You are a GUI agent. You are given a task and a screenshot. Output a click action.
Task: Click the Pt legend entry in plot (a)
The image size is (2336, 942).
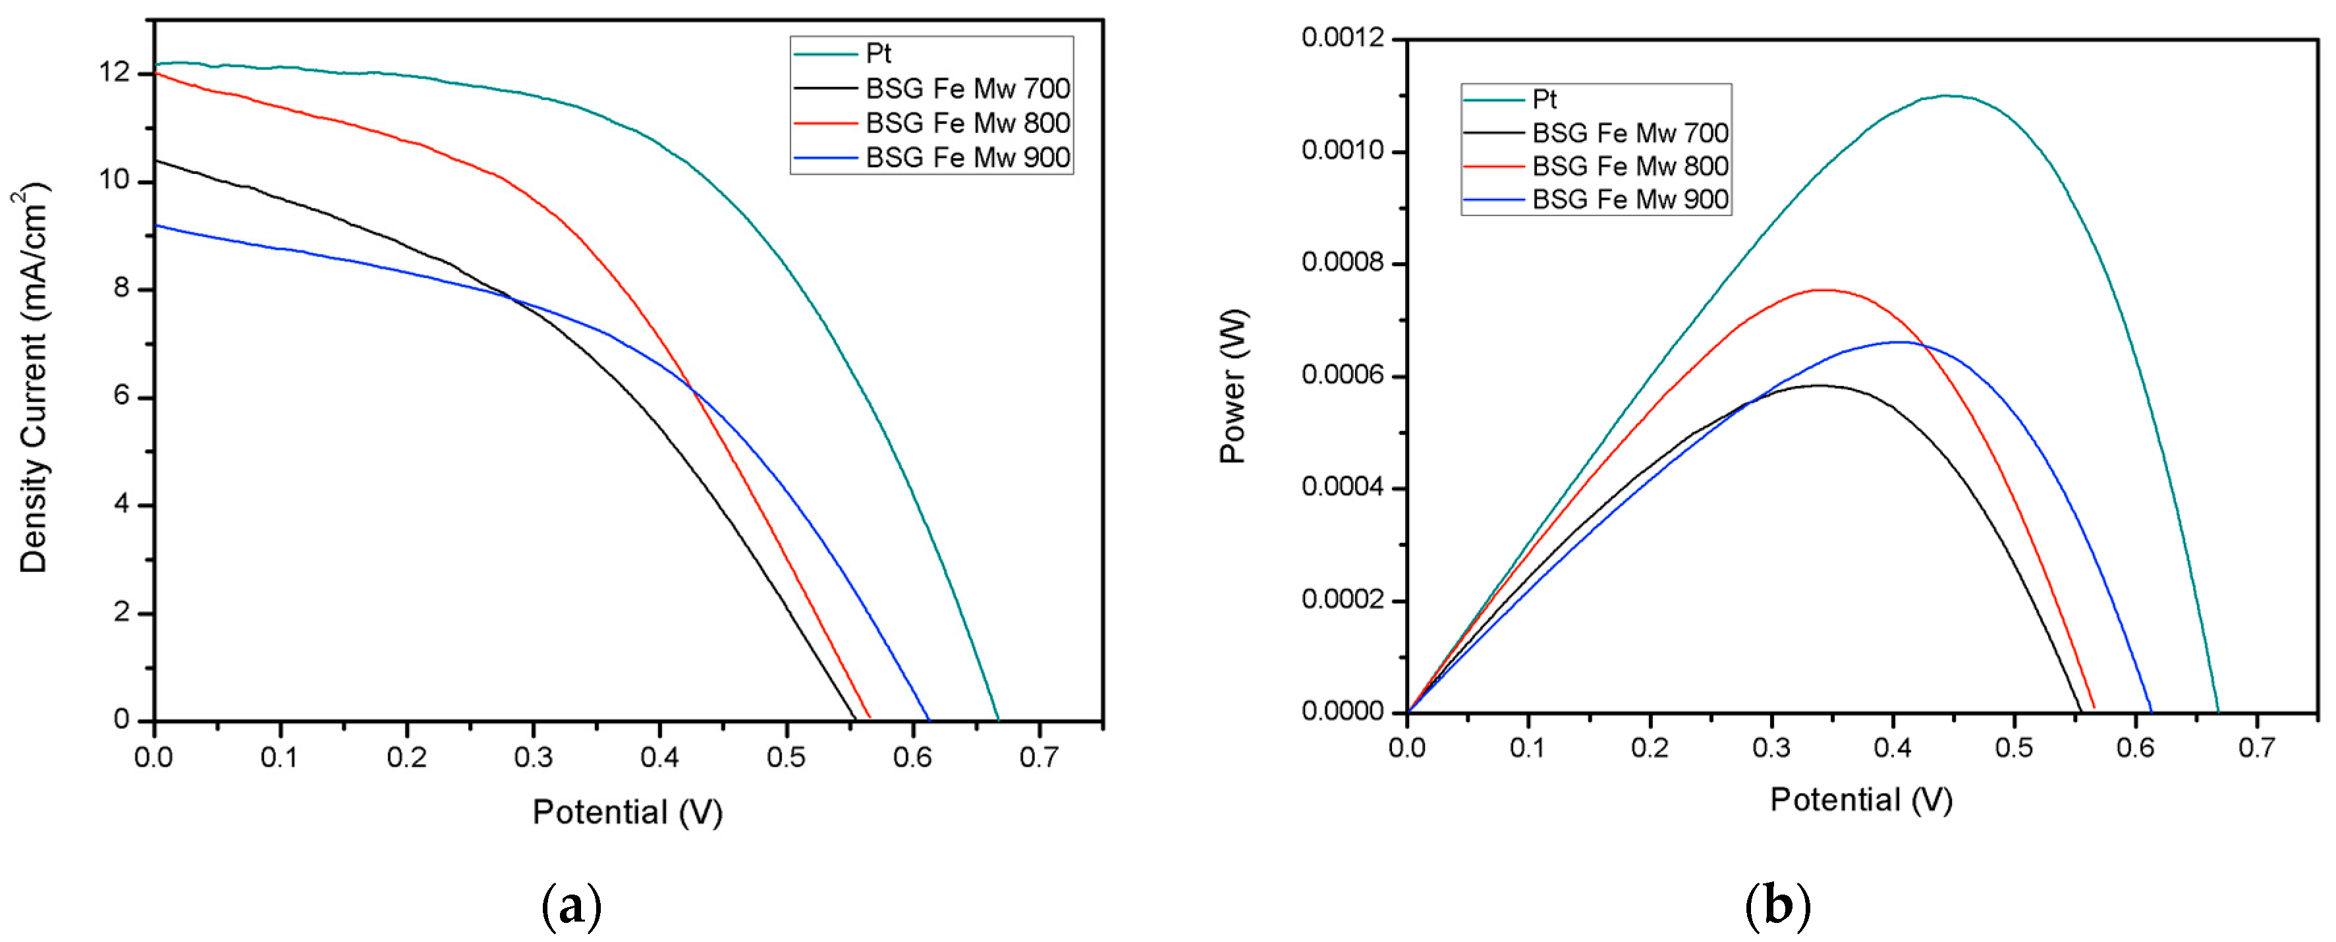coord(878,53)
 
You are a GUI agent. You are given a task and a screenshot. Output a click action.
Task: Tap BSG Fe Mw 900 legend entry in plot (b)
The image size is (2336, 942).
coord(1630,200)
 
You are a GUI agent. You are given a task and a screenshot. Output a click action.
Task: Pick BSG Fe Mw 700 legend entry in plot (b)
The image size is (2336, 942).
coord(1630,133)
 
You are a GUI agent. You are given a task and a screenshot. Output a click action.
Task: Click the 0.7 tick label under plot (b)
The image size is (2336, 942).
coord(2256,748)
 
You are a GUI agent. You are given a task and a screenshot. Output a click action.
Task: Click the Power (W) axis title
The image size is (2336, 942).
coord(1233,386)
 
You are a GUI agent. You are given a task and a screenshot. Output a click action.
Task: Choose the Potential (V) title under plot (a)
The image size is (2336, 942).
coord(626,812)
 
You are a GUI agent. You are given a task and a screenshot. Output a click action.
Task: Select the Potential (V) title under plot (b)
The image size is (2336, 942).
coord(1861,800)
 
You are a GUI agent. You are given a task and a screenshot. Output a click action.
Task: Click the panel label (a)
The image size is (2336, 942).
coord(571,906)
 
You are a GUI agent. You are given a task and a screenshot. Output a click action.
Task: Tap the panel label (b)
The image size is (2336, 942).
coord(1777,906)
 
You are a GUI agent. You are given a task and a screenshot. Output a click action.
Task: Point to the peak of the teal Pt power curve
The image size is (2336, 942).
coord(1946,96)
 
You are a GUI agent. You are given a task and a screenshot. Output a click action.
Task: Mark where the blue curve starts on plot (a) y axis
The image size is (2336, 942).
coord(156,225)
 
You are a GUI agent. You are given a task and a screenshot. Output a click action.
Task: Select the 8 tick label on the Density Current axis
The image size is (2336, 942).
coord(121,289)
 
